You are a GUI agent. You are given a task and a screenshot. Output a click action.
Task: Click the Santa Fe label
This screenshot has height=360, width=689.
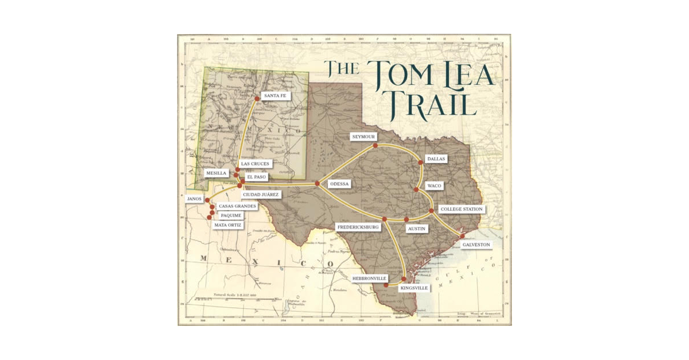point(274,96)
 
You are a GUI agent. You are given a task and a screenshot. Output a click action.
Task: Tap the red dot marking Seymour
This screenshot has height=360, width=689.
point(375,146)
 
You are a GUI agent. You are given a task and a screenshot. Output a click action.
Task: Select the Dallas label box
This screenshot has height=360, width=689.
point(435,159)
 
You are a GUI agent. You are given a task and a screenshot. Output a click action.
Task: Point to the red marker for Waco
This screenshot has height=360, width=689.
point(416,189)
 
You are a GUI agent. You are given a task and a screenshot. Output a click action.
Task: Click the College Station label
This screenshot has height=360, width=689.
point(461,209)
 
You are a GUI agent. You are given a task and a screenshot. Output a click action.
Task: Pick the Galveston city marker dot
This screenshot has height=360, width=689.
point(462,235)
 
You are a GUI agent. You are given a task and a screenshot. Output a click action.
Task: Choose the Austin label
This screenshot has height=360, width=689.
point(417,229)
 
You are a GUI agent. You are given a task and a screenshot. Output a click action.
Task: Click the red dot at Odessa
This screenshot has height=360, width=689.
point(317,184)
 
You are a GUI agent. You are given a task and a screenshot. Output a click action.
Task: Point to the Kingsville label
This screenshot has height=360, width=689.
point(413,288)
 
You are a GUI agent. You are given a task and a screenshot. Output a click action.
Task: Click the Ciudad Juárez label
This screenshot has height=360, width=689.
point(261,195)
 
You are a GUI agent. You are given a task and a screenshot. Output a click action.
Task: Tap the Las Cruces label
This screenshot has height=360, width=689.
point(255,164)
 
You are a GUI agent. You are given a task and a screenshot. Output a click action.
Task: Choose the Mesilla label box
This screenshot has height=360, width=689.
point(216,173)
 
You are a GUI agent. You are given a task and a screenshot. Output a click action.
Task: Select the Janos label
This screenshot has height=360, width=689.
point(194,199)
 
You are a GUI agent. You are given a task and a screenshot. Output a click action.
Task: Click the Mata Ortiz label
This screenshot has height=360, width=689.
point(228,225)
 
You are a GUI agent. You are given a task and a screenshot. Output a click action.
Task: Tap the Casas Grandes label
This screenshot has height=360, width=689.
point(237,206)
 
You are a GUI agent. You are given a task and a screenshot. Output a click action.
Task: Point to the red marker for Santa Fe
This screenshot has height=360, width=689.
point(257,99)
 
